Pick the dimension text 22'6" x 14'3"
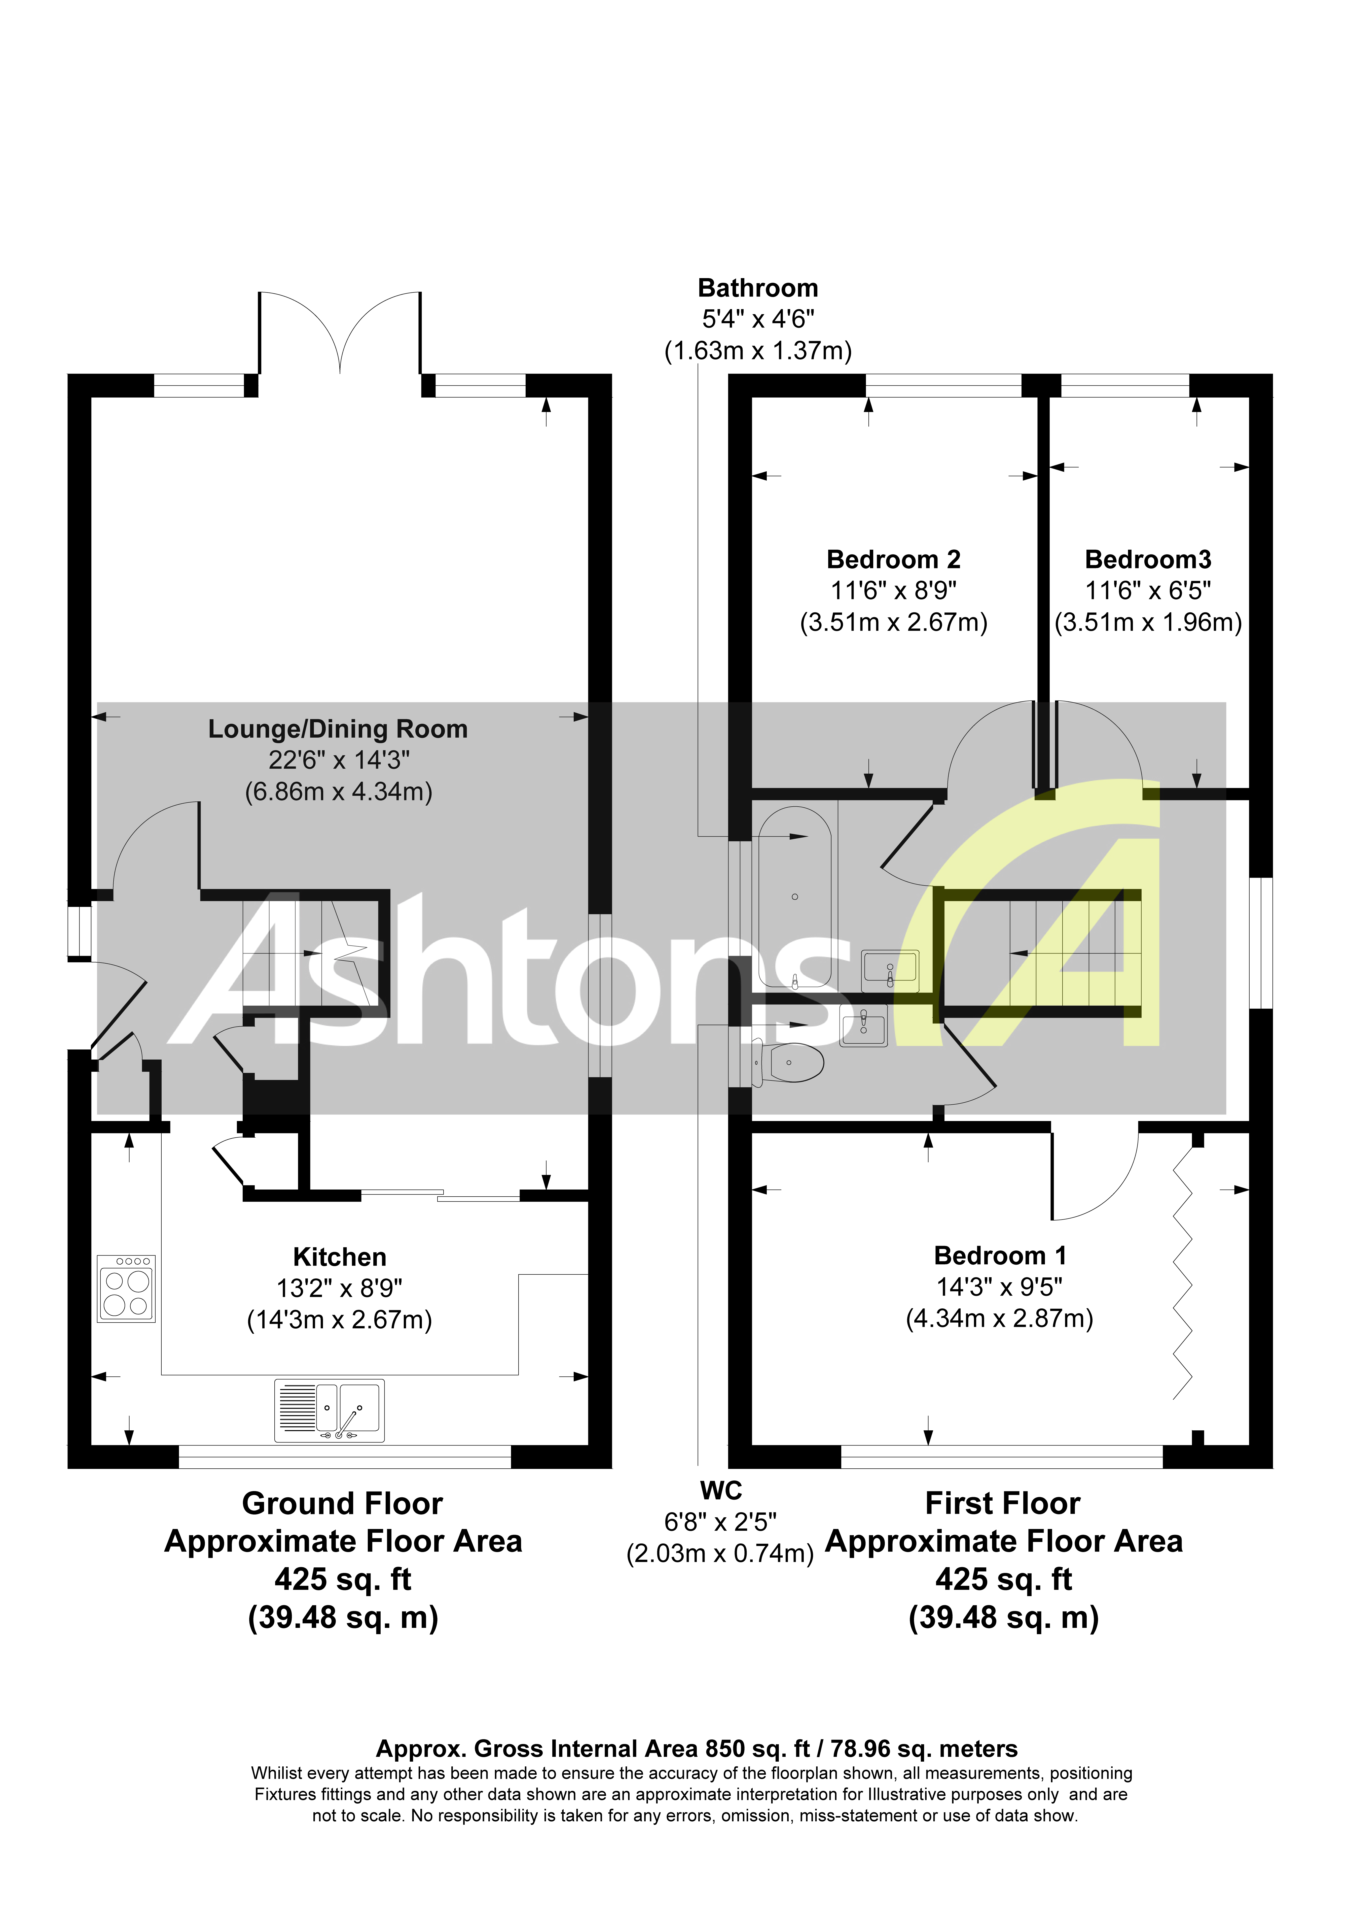(x=338, y=760)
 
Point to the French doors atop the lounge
(x=340, y=333)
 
